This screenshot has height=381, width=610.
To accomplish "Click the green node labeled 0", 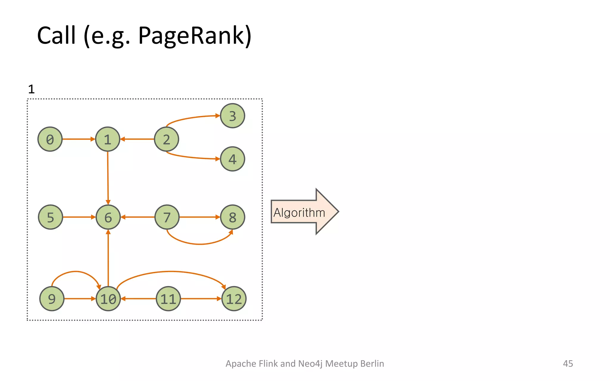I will (x=50, y=139).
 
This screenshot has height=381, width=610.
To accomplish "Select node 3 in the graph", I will (x=232, y=116).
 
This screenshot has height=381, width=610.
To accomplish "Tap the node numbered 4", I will (x=232, y=159).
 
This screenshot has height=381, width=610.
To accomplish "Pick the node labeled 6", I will (x=108, y=217).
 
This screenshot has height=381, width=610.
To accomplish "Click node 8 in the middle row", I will (x=232, y=217).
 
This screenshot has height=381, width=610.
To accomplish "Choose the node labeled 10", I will (x=108, y=299).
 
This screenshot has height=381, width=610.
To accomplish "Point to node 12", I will (x=234, y=299).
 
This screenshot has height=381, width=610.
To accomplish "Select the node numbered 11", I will (x=168, y=299).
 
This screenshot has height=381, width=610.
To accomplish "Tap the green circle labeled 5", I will (x=51, y=217).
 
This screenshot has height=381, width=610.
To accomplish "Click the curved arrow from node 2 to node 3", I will (x=191, y=118).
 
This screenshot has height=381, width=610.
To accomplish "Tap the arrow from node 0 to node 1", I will (x=78, y=139).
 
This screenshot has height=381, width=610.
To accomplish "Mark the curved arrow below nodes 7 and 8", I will (x=200, y=244).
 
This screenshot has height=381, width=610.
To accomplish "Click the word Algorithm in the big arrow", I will (x=299, y=213).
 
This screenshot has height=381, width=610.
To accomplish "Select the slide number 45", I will (x=568, y=363).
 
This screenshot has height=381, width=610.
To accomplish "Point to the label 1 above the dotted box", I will (x=31, y=89).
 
